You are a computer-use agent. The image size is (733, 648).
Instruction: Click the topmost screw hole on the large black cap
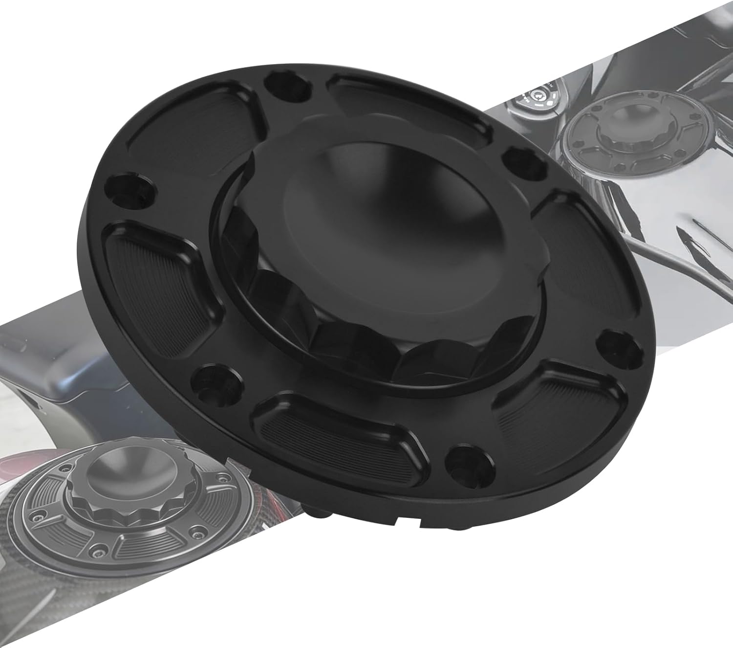pyautogui.click(x=275, y=86)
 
